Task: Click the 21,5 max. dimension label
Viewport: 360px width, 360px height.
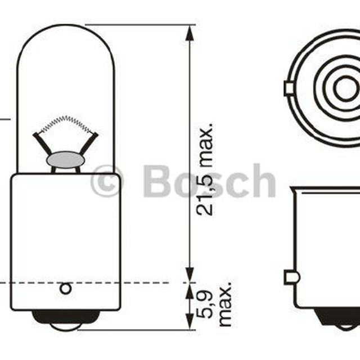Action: [205, 169]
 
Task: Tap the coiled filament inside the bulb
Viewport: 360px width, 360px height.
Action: [66, 124]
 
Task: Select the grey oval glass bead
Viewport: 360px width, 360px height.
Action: [66, 160]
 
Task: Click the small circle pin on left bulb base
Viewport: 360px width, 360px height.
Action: [66, 289]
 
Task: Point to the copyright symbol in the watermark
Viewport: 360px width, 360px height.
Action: [106, 181]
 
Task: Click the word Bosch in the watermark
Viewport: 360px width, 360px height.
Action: [209, 181]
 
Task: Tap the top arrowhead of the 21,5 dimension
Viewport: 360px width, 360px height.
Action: [189, 33]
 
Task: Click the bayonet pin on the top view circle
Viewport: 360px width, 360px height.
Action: [289, 88]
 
